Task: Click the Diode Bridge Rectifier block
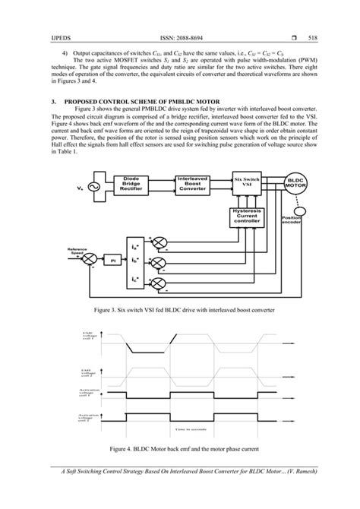[134, 185]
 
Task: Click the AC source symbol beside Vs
[96, 185]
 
